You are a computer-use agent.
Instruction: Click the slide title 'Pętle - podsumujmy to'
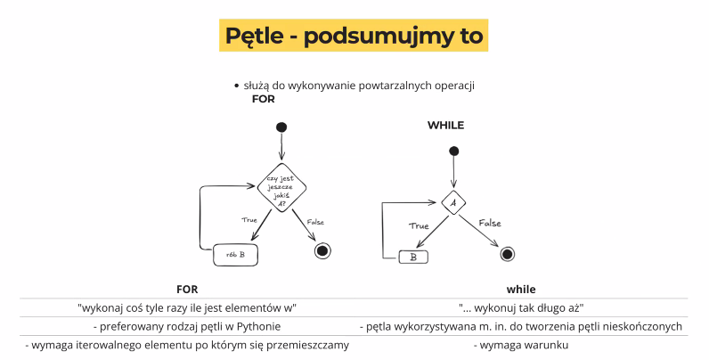(x=354, y=36)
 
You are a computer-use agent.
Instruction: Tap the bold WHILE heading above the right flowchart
(x=446, y=126)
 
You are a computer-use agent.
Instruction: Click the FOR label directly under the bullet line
(x=264, y=99)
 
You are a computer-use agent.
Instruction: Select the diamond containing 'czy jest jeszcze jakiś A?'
(x=281, y=187)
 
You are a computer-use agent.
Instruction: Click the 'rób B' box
(x=235, y=255)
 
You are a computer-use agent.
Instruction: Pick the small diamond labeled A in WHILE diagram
(x=453, y=202)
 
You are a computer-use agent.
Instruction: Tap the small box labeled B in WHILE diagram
(x=413, y=258)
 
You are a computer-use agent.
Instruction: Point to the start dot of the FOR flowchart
(x=281, y=127)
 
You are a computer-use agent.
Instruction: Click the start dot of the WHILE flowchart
(x=454, y=151)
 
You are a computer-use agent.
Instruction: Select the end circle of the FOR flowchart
(x=322, y=250)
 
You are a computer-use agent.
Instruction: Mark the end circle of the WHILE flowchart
(x=508, y=254)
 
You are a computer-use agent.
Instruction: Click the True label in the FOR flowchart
(x=249, y=220)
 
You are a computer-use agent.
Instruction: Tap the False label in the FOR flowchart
(x=315, y=222)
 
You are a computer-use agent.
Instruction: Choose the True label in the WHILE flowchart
(x=419, y=226)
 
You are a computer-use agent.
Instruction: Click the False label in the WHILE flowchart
(x=490, y=223)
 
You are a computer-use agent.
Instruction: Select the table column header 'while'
(x=521, y=290)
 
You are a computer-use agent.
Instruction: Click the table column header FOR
(x=187, y=290)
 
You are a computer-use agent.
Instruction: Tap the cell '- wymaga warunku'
(x=521, y=346)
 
